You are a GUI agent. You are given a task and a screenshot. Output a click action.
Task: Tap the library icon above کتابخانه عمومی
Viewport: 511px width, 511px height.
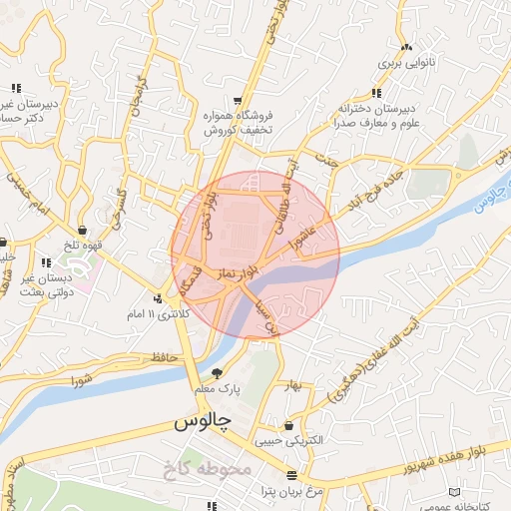[456, 493]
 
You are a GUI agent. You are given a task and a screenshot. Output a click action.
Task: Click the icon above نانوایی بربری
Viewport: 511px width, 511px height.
[406, 47]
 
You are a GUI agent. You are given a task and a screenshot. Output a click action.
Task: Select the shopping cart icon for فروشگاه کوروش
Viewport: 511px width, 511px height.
[238, 100]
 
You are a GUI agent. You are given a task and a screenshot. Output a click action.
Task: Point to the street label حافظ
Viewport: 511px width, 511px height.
[161, 356]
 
